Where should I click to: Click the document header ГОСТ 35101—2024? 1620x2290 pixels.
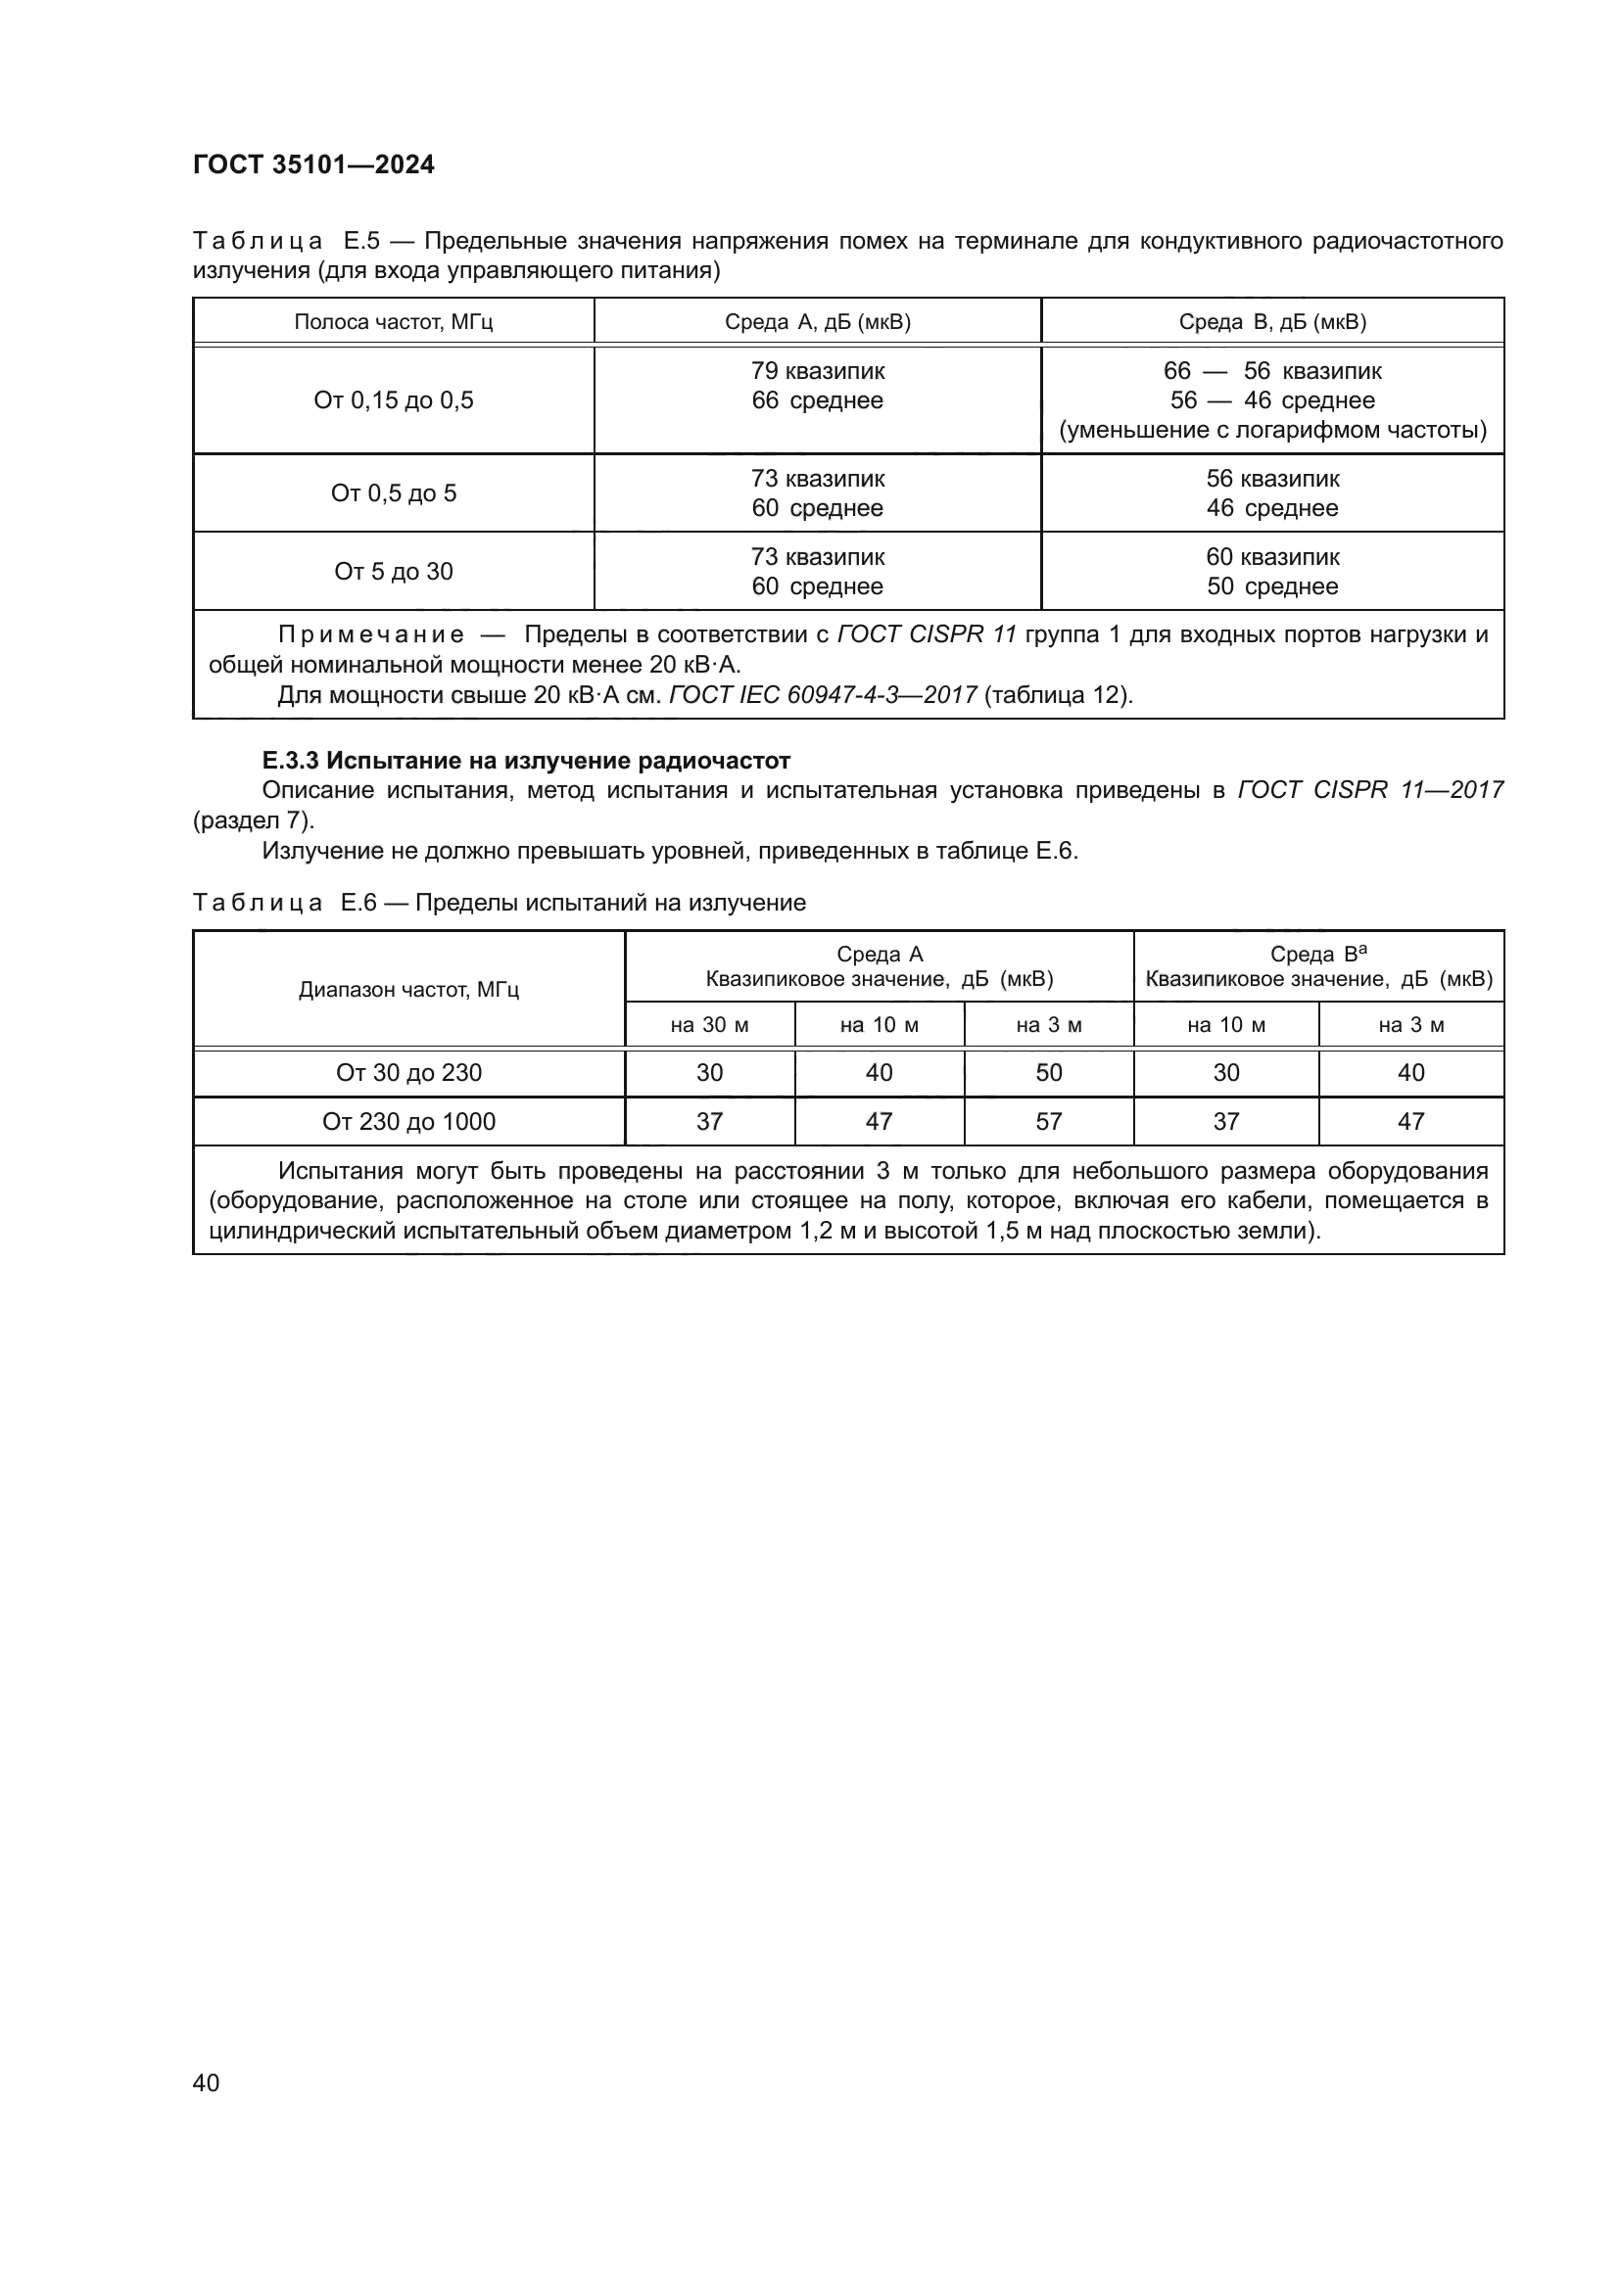click(x=313, y=164)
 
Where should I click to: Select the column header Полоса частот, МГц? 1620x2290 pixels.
click(x=393, y=322)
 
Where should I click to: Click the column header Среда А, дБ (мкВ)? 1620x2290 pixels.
click(x=817, y=322)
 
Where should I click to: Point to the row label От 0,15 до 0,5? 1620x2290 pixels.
click(x=393, y=401)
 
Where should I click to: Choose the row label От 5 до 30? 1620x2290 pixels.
click(x=393, y=572)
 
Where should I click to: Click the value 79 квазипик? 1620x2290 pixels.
click(x=817, y=371)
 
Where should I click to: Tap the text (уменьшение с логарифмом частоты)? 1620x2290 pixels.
click(x=1272, y=430)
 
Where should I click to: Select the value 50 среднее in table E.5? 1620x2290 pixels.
click(x=1272, y=586)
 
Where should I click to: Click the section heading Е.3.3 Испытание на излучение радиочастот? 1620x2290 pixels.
click(x=526, y=761)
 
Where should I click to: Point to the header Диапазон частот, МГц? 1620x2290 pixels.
click(x=409, y=990)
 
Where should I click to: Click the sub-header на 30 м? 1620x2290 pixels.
click(x=709, y=1025)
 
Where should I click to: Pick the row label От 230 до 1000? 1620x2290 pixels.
click(x=409, y=1122)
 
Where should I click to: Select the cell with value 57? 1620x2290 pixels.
click(x=1048, y=1122)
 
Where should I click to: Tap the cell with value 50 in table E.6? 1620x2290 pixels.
click(x=1048, y=1073)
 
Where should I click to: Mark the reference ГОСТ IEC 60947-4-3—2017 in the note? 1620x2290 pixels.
click(x=823, y=695)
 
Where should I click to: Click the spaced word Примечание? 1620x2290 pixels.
click(x=371, y=635)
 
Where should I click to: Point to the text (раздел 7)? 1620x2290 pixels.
click(x=254, y=820)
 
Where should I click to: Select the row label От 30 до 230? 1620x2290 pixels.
click(x=409, y=1073)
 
